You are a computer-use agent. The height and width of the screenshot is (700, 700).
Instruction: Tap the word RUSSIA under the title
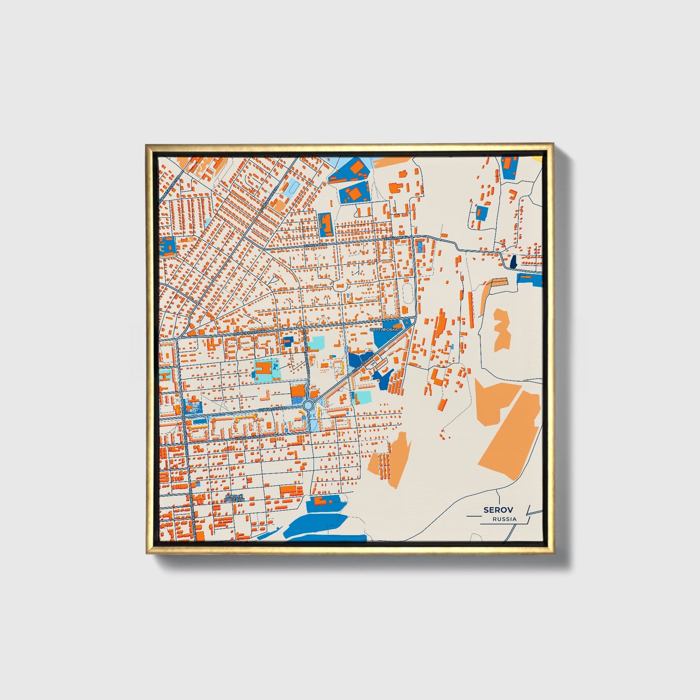coord(504,519)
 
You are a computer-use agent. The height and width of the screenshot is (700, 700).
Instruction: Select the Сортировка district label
coord(383,329)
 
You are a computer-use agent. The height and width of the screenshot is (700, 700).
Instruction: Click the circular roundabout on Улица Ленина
coord(308,404)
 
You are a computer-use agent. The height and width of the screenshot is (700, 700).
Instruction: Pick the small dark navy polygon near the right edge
coord(513,263)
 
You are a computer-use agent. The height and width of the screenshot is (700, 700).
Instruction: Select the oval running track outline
coord(407,292)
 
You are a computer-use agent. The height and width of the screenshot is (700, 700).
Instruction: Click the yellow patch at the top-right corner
coord(537,157)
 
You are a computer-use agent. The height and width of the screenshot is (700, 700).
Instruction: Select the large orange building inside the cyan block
coord(264,369)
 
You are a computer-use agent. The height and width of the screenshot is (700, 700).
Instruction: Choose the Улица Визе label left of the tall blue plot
coord(312,246)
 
